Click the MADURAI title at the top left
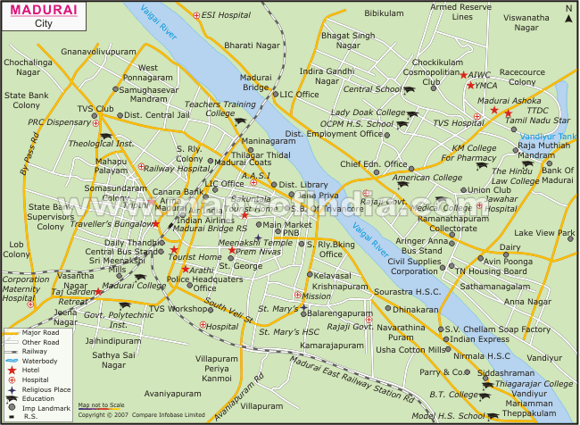(41, 9)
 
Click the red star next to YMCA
(469, 86)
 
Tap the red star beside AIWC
(463, 75)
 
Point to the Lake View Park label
(545, 233)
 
